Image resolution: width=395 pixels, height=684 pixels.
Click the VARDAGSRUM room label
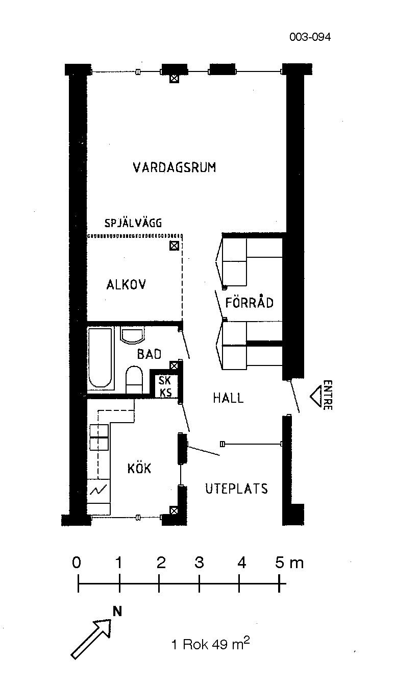(x=175, y=167)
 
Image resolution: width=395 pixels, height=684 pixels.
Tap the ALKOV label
(x=126, y=285)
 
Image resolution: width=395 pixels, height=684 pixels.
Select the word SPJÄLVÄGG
(x=133, y=223)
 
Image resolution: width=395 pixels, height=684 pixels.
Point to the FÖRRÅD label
(x=249, y=302)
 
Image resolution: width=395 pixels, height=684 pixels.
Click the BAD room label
(x=149, y=354)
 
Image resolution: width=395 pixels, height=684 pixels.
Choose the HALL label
(x=228, y=398)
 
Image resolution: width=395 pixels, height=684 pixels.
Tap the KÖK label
(x=139, y=468)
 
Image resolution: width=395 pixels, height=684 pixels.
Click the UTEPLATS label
(x=236, y=488)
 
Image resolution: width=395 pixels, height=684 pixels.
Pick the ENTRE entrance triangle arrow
(x=316, y=396)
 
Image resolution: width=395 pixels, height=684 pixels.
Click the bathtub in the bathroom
(x=100, y=358)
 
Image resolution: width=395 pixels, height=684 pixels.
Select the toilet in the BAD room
(x=134, y=380)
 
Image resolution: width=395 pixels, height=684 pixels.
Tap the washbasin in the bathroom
(x=133, y=335)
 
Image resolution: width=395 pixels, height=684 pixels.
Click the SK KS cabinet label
(x=165, y=386)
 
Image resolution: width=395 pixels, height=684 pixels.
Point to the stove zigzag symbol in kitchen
(x=98, y=491)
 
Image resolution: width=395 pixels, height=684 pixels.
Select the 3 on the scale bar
(x=199, y=562)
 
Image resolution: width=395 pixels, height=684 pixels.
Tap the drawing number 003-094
(x=310, y=37)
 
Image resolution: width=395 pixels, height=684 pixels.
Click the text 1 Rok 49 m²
(x=211, y=643)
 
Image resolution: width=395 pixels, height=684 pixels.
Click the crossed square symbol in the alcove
(x=174, y=246)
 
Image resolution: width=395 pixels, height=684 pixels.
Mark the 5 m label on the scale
(x=289, y=563)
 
